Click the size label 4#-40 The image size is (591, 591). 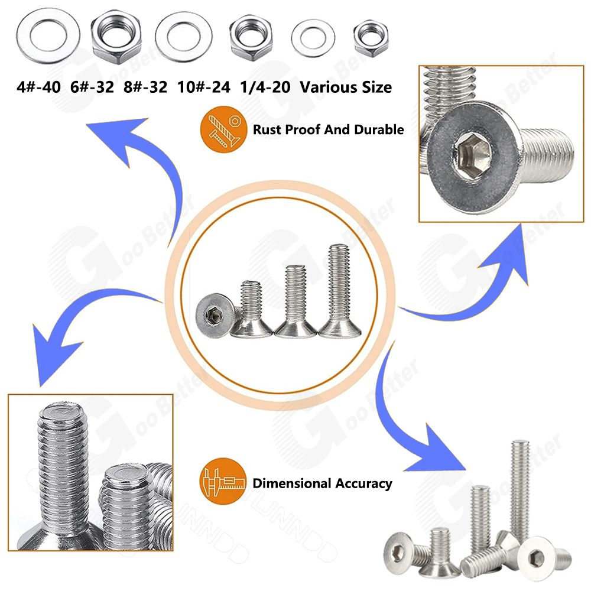point(39,87)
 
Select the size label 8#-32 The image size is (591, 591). point(145,87)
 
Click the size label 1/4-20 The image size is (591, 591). point(265,87)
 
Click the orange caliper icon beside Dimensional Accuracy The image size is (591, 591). point(222,483)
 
